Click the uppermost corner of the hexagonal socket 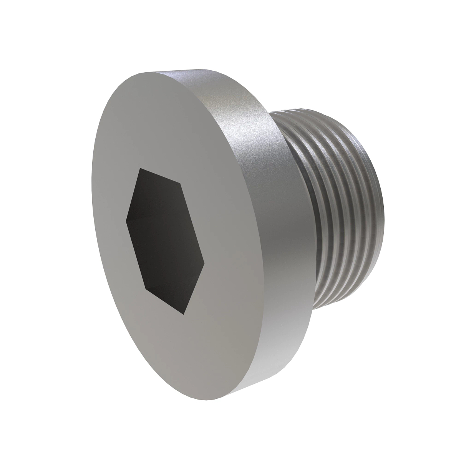(x=140, y=168)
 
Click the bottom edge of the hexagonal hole (x=164, y=301)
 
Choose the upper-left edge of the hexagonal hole (x=133, y=194)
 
